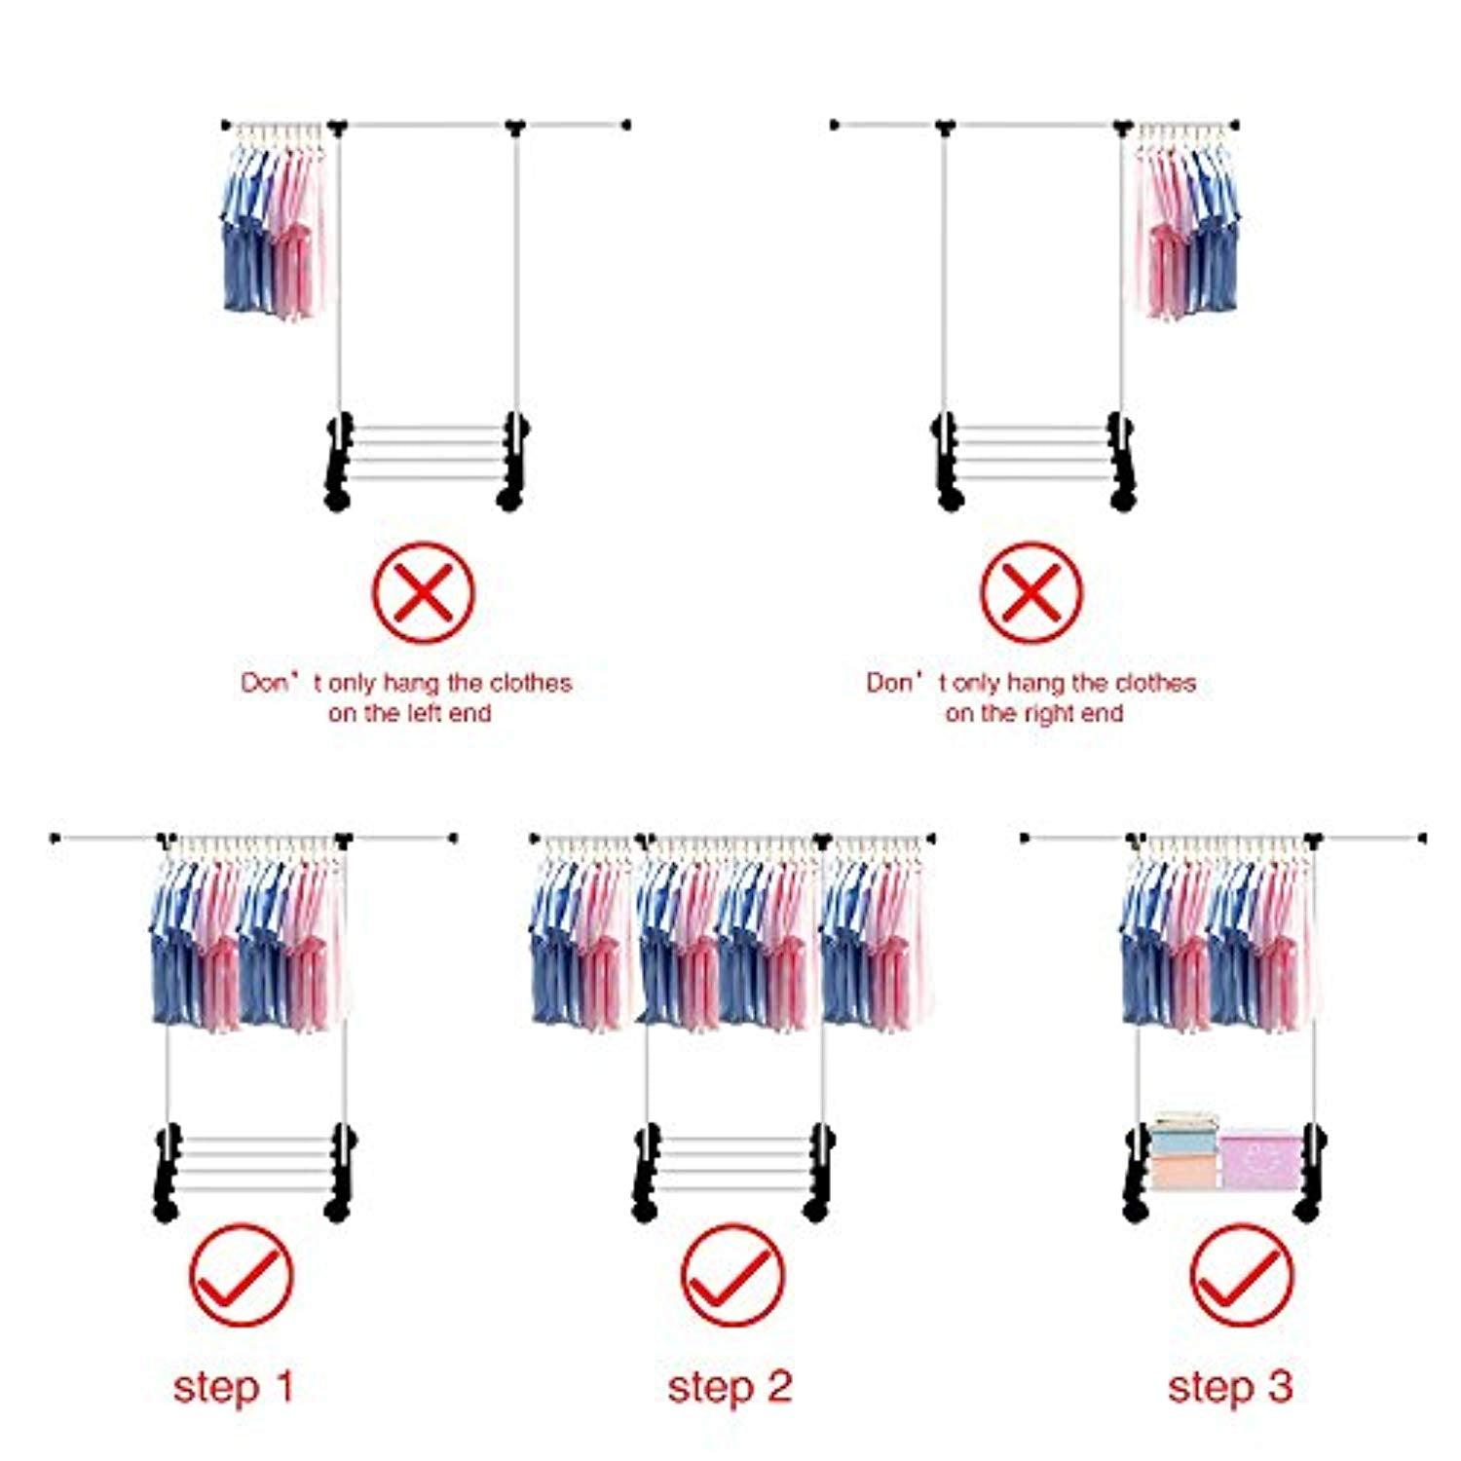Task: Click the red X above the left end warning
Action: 424,592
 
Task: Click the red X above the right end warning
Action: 1030,592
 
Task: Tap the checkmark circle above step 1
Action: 241,1275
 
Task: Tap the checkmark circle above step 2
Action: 731,1275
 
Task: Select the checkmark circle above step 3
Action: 1242,1275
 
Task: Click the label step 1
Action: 234,1386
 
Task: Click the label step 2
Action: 730,1386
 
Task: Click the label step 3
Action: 1230,1386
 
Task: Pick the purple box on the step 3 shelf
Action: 1260,1161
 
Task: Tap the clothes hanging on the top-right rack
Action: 1186,229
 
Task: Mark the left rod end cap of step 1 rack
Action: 56,838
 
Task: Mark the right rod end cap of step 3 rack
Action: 1422,838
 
